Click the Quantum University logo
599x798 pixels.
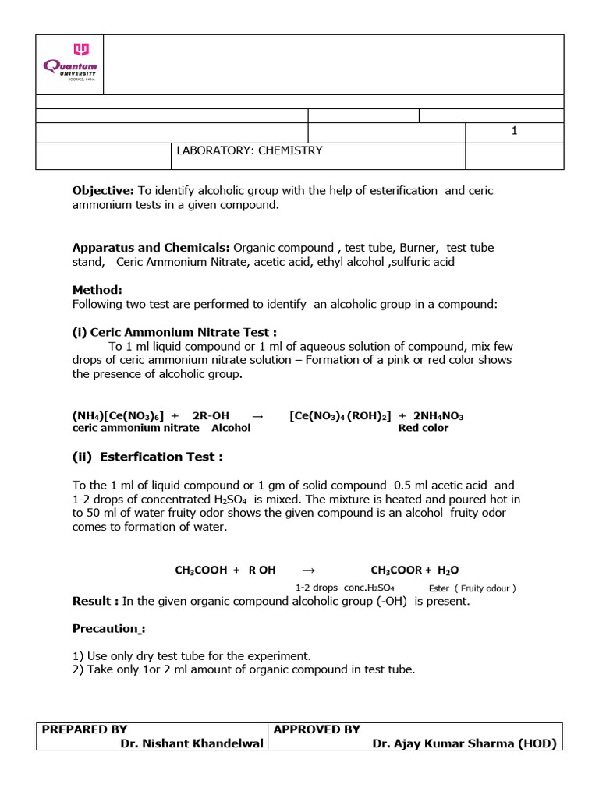69,65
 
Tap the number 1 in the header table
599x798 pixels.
514,131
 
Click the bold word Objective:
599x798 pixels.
104,190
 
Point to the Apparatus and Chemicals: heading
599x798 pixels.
151,247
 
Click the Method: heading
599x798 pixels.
97,289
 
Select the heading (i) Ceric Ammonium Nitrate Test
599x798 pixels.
175,331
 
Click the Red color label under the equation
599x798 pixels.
424,428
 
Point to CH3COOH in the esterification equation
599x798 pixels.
201,570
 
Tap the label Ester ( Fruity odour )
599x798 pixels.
473,588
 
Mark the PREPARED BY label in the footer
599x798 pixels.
84,729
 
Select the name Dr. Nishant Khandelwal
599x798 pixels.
193,743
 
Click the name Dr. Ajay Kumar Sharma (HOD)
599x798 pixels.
464,743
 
